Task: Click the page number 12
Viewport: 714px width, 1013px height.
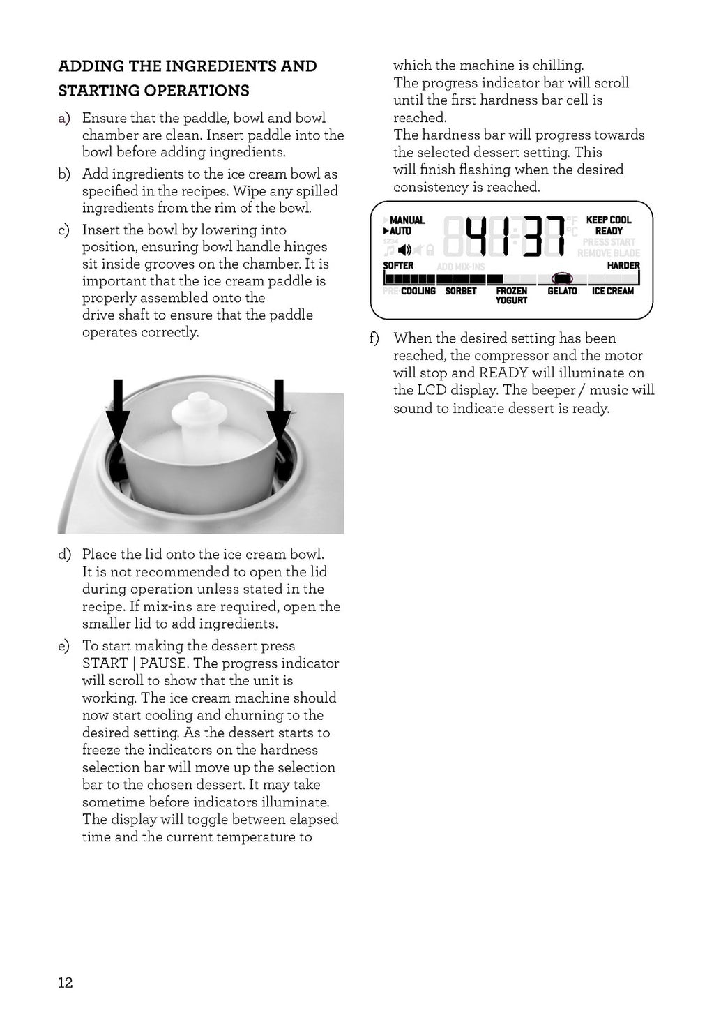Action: (65, 983)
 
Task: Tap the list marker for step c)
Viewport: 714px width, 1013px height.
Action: (64, 230)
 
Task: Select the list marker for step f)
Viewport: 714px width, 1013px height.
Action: (374, 338)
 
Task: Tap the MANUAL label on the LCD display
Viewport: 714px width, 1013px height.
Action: (407, 220)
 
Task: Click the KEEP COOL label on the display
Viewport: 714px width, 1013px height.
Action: (608, 220)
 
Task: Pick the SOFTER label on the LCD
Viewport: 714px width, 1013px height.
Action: (398, 266)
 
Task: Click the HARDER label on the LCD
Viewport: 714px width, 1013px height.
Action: (623, 266)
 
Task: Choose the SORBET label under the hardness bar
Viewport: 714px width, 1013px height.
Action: (461, 291)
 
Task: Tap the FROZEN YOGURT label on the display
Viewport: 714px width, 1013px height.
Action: (511, 296)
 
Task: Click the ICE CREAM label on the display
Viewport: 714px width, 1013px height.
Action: (613, 291)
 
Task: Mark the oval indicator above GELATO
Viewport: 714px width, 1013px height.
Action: (562, 278)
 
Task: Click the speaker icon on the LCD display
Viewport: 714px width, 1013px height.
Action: (404, 249)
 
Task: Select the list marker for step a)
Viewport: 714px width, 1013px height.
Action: (64, 119)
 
